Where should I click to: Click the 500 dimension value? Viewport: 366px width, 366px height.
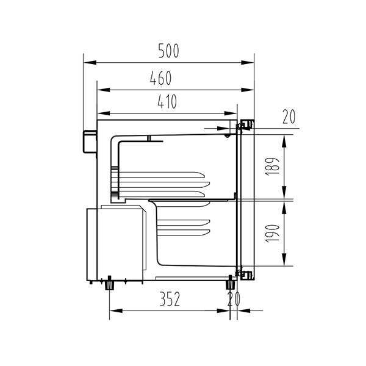(168, 51)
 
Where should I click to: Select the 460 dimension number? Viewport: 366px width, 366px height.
(160, 78)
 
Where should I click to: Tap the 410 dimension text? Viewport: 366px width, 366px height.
(167, 101)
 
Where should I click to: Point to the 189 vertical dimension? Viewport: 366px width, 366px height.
(272, 166)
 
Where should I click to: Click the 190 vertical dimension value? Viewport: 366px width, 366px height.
(272, 234)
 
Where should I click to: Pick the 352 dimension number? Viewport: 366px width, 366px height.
(170, 299)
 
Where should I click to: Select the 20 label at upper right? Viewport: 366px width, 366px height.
(289, 117)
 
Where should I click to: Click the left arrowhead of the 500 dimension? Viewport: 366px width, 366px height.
(90, 63)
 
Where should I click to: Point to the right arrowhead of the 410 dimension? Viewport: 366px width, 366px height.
(231, 113)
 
